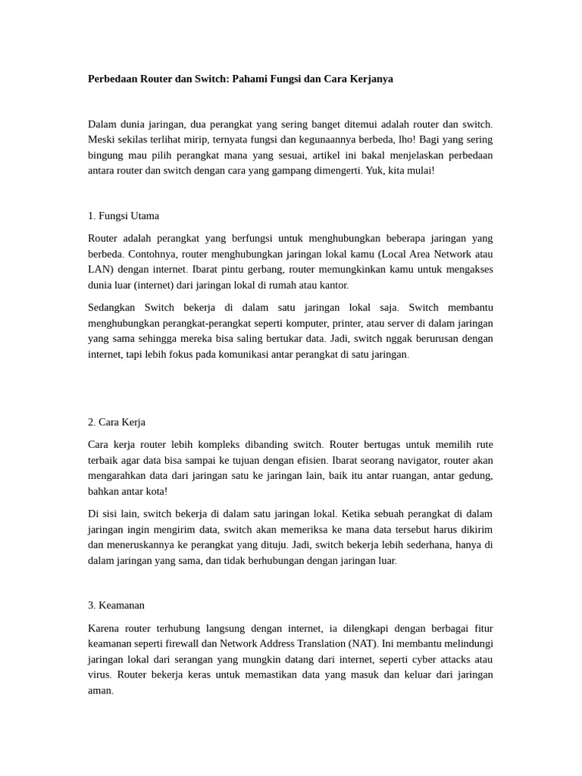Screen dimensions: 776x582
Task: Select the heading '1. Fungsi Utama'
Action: point(124,216)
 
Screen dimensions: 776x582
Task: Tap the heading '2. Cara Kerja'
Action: point(117,422)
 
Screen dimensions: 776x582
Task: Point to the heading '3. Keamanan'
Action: point(116,605)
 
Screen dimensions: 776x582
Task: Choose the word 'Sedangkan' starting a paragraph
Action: point(111,308)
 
